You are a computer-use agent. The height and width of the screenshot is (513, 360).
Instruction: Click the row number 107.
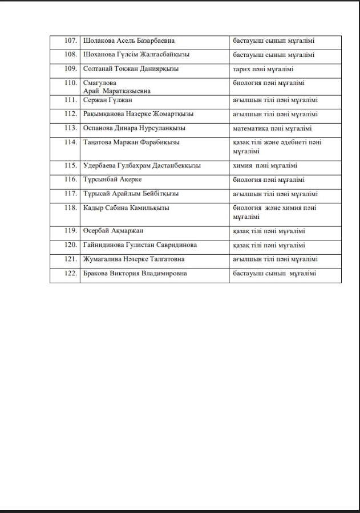[70, 41]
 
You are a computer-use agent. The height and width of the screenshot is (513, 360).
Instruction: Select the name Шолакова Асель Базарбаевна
[129, 41]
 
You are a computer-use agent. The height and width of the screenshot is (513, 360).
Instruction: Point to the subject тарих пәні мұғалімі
[263, 69]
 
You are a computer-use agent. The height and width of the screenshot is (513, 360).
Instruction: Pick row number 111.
[70, 100]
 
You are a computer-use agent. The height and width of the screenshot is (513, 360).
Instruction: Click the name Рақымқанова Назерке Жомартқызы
[139, 114]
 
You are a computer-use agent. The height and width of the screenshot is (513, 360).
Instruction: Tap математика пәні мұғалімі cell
[272, 128]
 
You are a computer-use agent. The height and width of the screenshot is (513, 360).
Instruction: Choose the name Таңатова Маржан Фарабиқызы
[131, 142]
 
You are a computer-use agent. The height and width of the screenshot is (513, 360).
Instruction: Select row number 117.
[70, 194]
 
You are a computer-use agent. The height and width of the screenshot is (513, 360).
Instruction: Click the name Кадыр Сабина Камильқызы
[126, 208]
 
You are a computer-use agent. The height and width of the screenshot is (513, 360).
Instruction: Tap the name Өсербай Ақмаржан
[113, 231]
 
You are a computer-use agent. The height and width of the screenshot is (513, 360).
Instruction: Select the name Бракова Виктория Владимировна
[135, 274]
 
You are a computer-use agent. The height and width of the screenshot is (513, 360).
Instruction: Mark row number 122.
[70, 274]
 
